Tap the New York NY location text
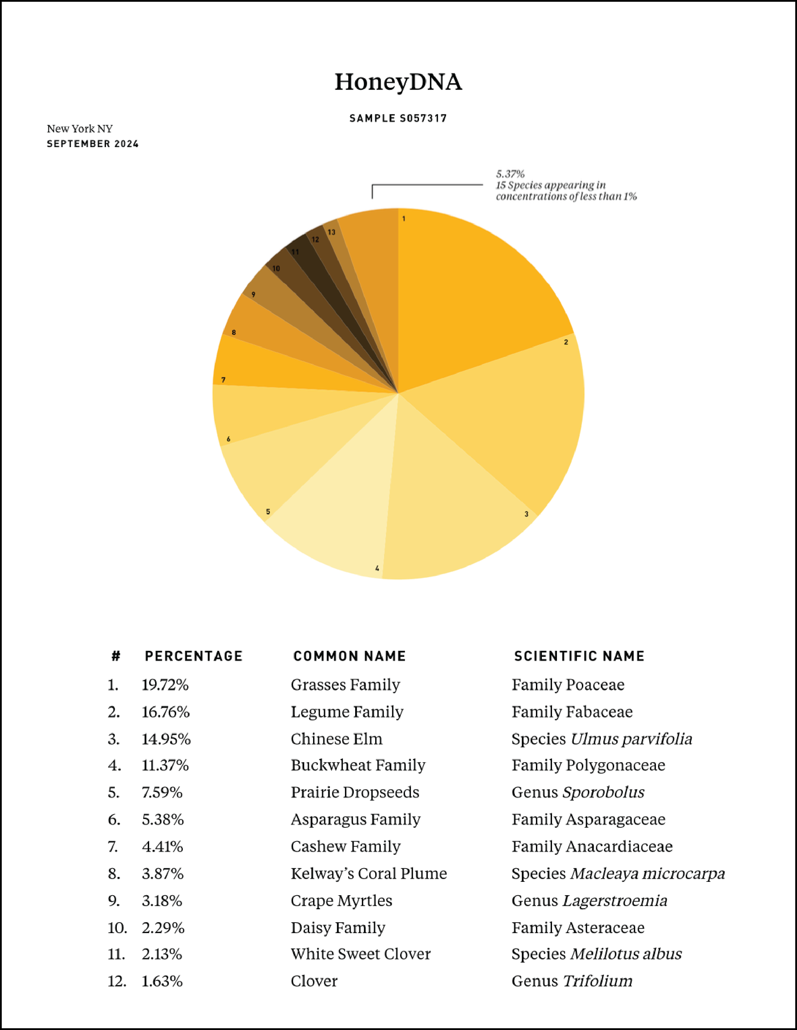click(79, 129)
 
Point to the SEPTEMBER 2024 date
click(92, 144)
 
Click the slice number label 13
click(332, 232)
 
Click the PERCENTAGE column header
click(193, 656)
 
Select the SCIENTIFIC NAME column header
click(579, 656)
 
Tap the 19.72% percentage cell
click(165, 685)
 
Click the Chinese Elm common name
click(336, 739)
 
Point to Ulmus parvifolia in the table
click(631, 739)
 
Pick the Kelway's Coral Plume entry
click(368, 874)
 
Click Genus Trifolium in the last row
click(572, 982)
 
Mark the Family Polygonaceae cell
click(588, 765)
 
